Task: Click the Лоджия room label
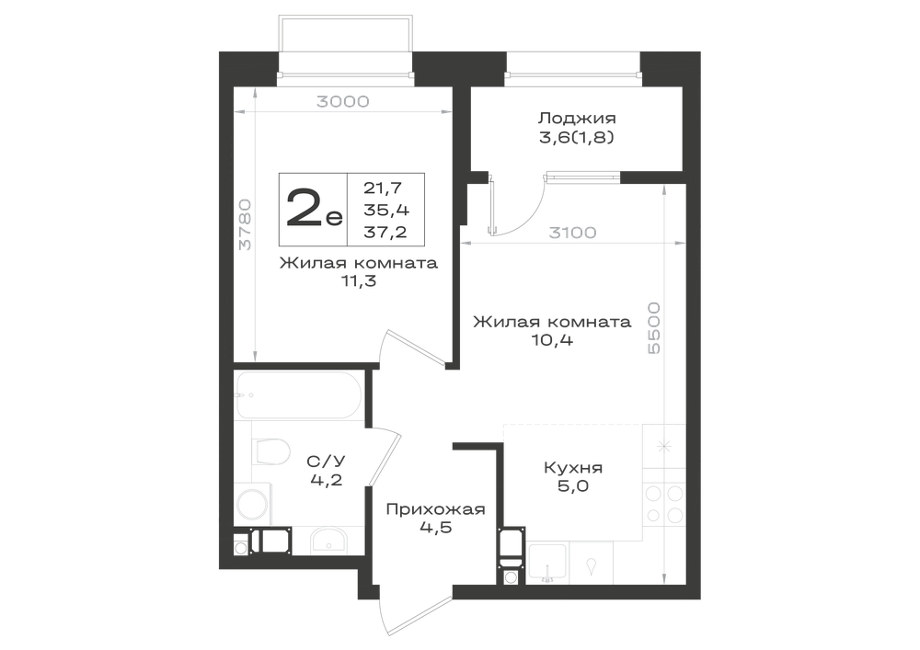(x=577, y=118)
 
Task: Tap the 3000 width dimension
(x=343, y=102)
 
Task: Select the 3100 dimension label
(x=572, y=233)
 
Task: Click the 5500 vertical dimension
(x=653, y=327)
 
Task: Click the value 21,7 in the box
(x=383, y=188)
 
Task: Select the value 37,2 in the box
(x=385, y=232)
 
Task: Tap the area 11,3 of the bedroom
(x=359, y=281)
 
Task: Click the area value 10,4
(x=551, y=340)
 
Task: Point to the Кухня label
(x=573, y=468)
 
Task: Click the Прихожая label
(x=435, y=508)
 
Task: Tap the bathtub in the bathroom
(x=299, y=395)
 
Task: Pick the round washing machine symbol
(x=252, y=504)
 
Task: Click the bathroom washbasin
(x=328, y=541)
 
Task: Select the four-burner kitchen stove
(x=664, y=504)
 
